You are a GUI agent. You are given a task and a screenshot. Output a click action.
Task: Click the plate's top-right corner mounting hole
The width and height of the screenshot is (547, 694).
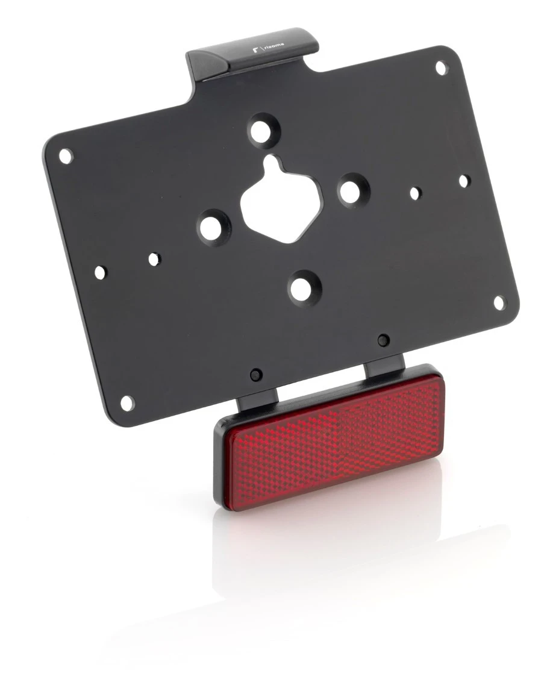click(x=441, y=67)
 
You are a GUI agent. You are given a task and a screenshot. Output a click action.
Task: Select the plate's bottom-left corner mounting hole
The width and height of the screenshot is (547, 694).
click(x=127, y=402)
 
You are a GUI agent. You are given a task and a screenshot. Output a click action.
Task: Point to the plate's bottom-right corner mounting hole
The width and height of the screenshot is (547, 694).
click(x=498, y=303)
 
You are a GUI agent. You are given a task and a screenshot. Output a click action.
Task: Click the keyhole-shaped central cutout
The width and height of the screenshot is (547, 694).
click(x=276, y=199)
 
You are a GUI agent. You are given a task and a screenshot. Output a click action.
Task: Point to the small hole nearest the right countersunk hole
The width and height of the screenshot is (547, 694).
click(x=414, y=193)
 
